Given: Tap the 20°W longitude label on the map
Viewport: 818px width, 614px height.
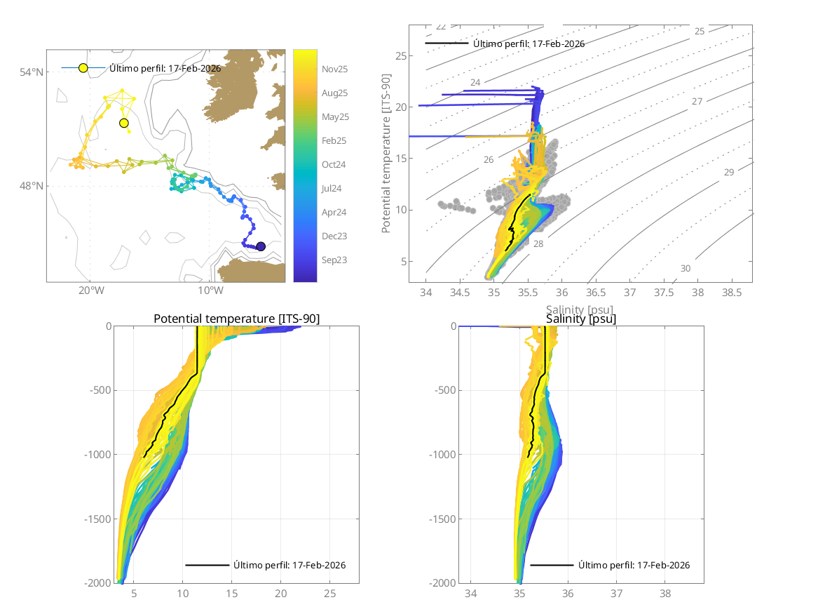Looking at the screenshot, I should point(90,291).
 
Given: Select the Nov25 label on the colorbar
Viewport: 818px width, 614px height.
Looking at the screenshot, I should point(334,69).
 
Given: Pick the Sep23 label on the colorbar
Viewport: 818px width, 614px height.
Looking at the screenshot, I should point(334,260).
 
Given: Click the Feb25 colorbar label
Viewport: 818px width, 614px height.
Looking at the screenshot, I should point(334,141).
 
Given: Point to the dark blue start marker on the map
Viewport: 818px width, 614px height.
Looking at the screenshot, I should point(261,246).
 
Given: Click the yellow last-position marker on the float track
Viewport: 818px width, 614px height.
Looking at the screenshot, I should point(124,124).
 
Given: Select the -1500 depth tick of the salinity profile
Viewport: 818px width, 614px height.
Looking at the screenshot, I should point(439,519).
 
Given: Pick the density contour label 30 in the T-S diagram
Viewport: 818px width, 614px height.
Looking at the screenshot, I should point(686,269).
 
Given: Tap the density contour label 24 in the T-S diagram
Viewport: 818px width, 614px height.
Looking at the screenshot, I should point(475,83).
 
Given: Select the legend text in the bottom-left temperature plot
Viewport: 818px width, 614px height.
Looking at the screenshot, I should point(289,565).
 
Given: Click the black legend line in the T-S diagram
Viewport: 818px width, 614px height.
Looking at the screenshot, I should point(447,44).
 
